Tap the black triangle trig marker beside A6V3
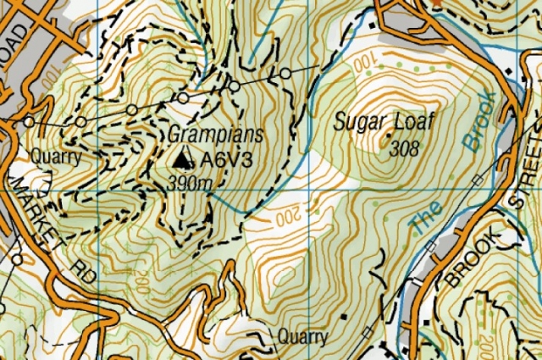click(182, 158)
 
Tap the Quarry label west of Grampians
click(55, 157)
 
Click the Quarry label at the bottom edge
click(302, 337)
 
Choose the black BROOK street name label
click(468, 253)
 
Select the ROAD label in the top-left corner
click(18, 36)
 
